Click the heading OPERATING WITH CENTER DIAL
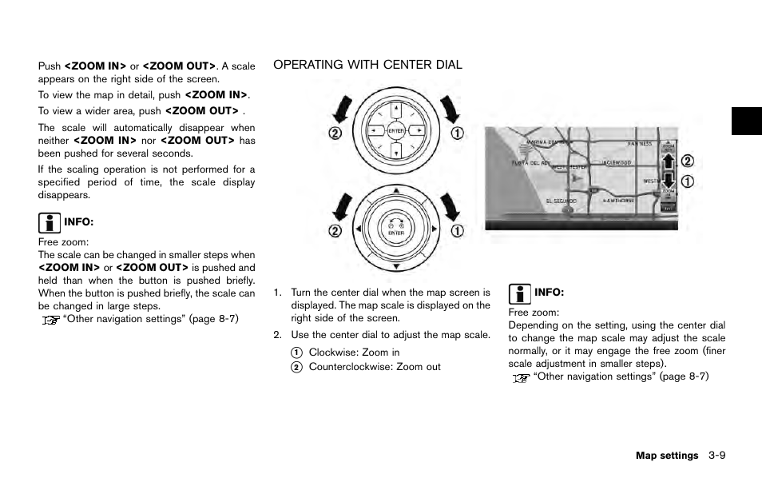(367, 65)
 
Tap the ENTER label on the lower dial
(395, 233)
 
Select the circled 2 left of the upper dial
(335, 133)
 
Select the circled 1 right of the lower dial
(456, 232)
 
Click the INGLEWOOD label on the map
(617, 161)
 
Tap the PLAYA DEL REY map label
(531, 163)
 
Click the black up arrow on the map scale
(668, 163)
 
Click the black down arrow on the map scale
(668, 181)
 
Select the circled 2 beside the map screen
(687, 161)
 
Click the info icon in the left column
(50, 221)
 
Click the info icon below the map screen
(520, 293)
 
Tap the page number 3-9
(716, 456)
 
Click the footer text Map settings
(666, 456)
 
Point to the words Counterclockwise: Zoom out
(375, 367)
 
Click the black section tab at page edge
(746, 121)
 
